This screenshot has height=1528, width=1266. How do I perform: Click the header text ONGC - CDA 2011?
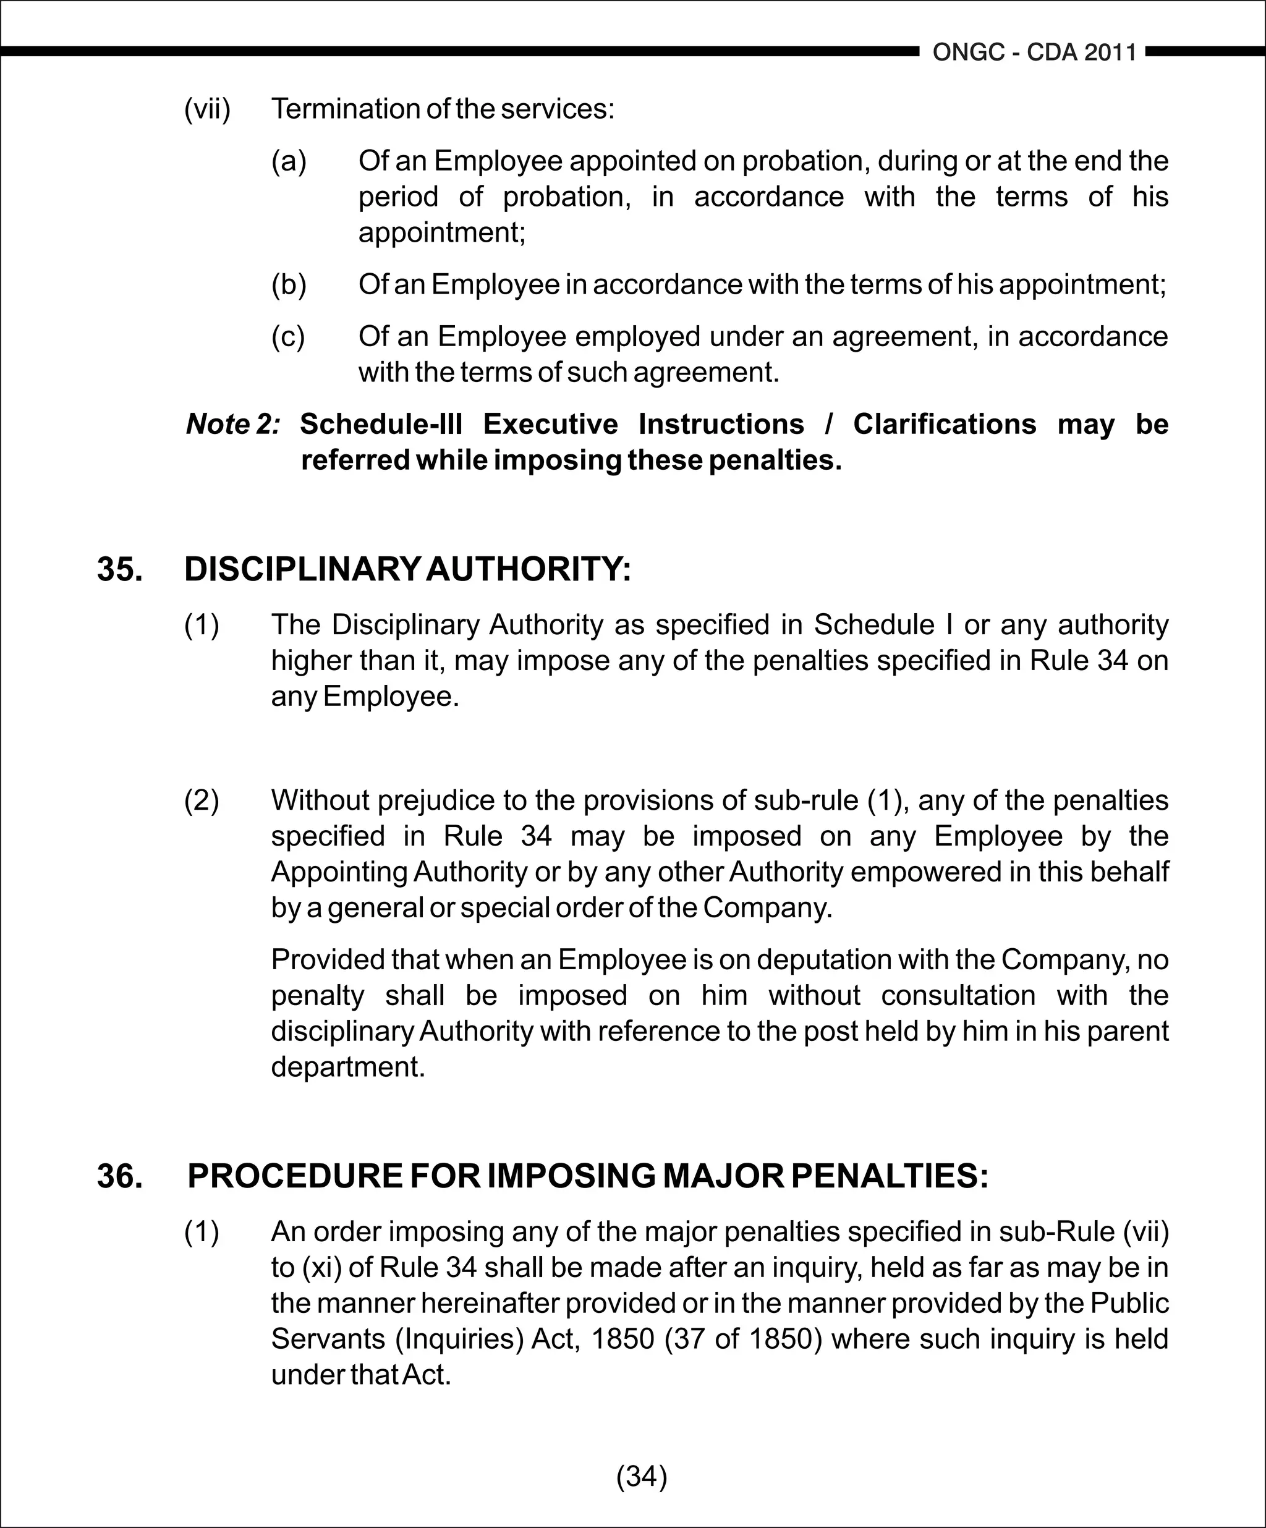click(x=1034, y=53)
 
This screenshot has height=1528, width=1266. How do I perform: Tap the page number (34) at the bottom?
click(x=641, y=1475)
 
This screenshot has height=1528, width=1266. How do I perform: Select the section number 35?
click(x=119, y=569)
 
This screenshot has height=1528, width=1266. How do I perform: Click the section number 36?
click(x=119, y=1176)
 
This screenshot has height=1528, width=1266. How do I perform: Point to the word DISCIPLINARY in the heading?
click(x=302, y=569)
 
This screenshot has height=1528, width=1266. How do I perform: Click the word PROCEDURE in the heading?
click(x=294, y=1176)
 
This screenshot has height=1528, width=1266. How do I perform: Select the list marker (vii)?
click(x=207, y=109)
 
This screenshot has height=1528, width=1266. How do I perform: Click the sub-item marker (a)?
click(x=289, y=161)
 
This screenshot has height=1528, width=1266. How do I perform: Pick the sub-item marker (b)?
click(x=289, y=284)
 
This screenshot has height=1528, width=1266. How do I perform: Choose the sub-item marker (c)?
click(x=288, y=337)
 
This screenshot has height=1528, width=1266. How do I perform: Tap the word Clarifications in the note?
click(x=945, y=424)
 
